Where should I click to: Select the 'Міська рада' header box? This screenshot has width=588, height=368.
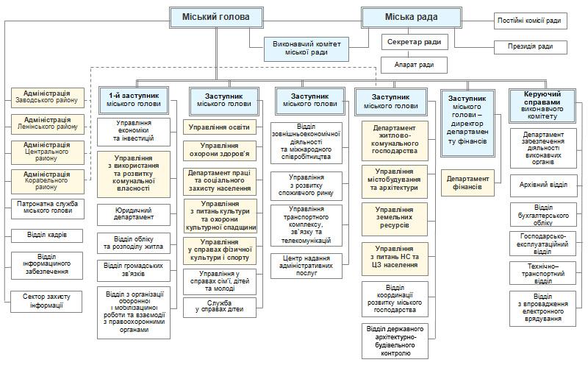tap(411, 16)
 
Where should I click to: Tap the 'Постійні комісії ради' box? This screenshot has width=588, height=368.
tap(532, 21)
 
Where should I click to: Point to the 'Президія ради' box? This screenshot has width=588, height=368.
tap(534, 47)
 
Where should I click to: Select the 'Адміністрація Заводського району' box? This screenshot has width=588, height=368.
tap(47, 97)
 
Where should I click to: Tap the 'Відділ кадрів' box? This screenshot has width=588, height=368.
tap(47, 235)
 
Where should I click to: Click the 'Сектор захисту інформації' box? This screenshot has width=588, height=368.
tap(47, 300)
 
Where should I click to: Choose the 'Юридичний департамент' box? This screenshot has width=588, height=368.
tap(134, 213)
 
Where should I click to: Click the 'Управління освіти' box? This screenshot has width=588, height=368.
tap(219, 127)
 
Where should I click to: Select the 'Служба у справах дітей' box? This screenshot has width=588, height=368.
tap(219, 306)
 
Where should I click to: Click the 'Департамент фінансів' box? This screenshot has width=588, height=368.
tap(467, 183)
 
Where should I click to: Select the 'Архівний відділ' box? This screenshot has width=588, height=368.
tap(543, 184)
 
